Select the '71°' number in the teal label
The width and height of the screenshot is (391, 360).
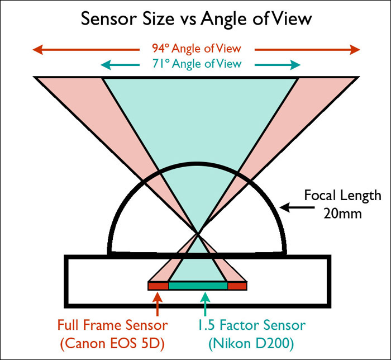click(x=161, y=64)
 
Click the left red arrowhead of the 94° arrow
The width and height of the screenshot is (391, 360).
click(x=37, y=50)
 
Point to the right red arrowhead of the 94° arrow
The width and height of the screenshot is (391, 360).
click(x=355, y=50)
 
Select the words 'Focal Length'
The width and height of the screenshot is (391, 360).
click(x=342, y=196)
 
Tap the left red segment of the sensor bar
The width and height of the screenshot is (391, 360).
click(x=158, y=286)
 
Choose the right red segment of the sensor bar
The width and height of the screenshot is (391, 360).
click(x=237, y=286)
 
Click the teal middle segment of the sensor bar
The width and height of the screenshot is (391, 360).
click(x=198, y=286)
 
